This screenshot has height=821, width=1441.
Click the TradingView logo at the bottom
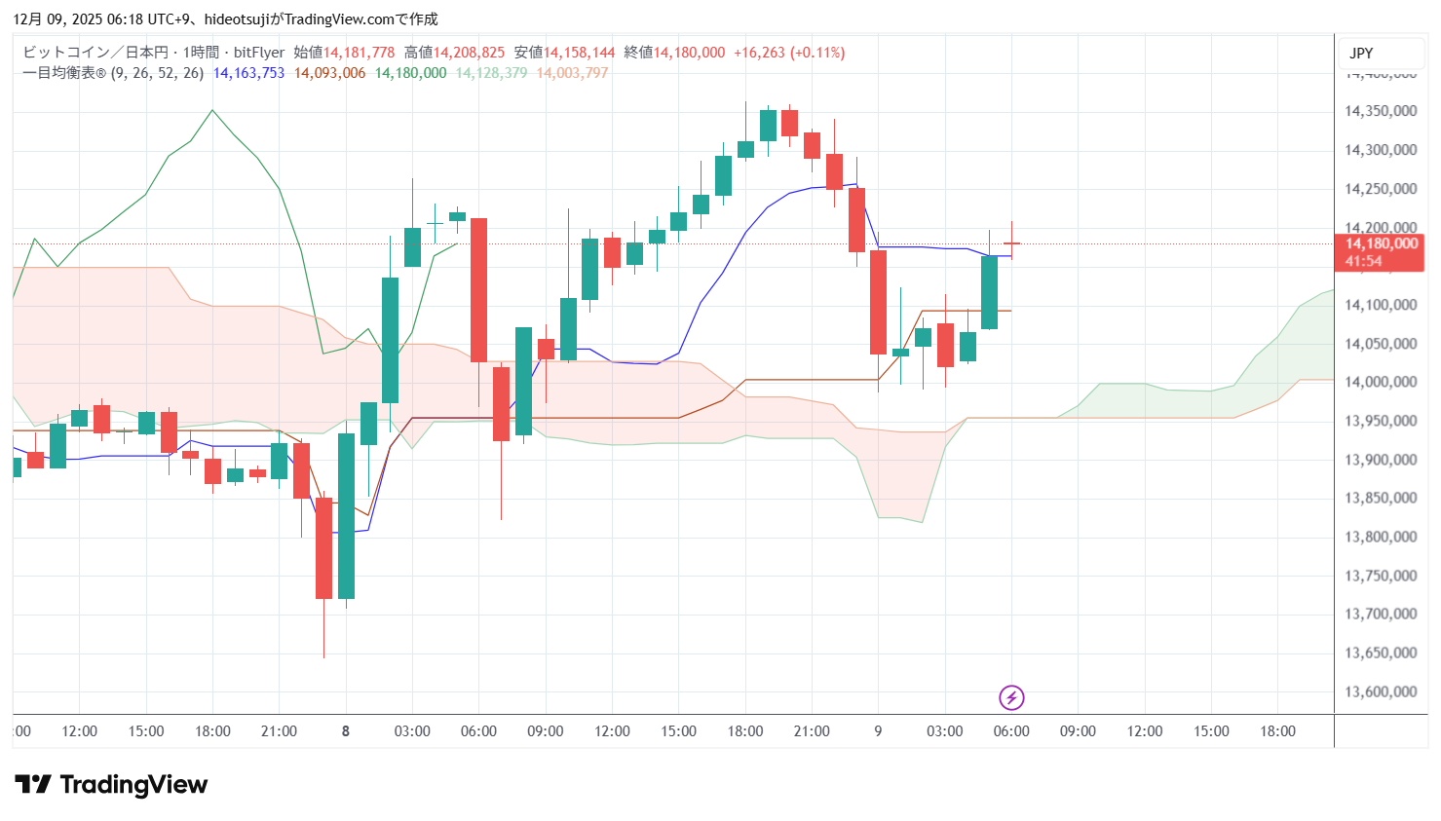click(111, 785)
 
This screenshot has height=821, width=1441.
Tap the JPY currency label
click(1361, 54)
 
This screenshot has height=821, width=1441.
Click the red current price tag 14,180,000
click(1381, 244)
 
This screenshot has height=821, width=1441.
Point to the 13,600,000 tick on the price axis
click(1380, 692)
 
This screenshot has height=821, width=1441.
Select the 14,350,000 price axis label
click(1380, 111)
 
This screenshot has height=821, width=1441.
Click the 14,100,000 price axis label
click(1380, 305)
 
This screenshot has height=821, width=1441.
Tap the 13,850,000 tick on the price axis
click(1380, 498)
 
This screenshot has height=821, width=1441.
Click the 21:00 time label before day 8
click(279, 731)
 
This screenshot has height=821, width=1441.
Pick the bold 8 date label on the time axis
click(346, 731)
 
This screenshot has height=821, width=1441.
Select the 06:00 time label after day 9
click(1011, 731)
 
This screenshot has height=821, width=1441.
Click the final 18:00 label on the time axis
click(1277, 731)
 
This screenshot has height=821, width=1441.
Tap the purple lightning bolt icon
click(1011, 697)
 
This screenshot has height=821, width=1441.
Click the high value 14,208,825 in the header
click(469, 53)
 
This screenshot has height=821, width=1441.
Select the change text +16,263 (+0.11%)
click(789, 53)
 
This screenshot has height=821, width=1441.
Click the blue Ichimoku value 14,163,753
click(248, 73)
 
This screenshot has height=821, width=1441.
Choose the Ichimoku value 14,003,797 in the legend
click(572, 73)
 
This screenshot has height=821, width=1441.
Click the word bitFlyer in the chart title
click(259, 53)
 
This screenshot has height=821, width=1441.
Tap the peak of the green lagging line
click(212, 110)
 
